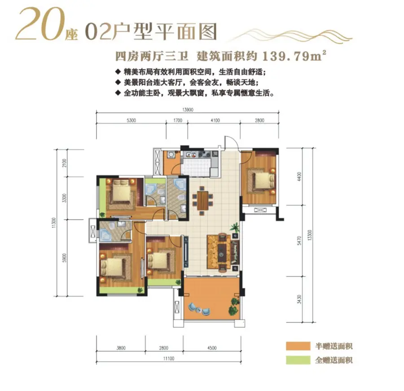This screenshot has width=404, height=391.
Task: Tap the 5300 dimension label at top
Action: pos(131,120)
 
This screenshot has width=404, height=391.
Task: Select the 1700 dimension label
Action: pos(177,120)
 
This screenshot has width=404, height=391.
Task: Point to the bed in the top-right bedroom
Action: pos(262,180)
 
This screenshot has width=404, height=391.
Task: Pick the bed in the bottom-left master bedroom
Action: pos(116,265)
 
